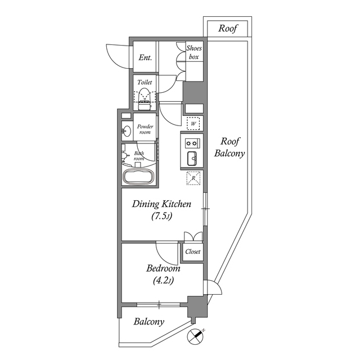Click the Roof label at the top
click(x=228, y=28)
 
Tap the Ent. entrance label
click(x=145, y=57)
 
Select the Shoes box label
click(x=194, y=52)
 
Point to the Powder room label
click(x=145, y=129)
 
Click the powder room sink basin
click(x=127, y=132)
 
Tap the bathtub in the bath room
click(x=138, y=175)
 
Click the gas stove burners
click(x=192, y=142)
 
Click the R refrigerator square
click(x=193, y=178)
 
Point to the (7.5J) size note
click(x=162, y=217)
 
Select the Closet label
click(x=193, y=252)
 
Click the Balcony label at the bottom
click(x=149, y=322)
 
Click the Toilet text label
click(x=145, y=82)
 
